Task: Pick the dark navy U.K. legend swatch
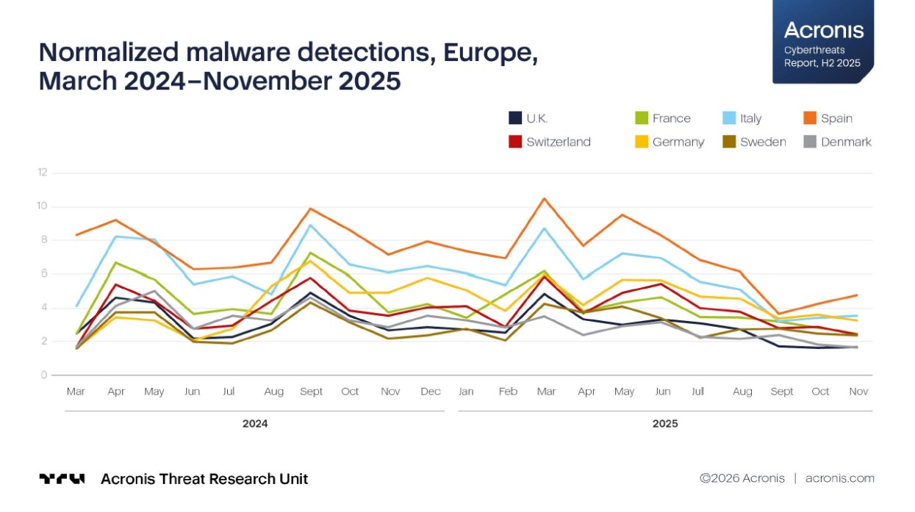pos(516,118)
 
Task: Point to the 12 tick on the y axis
pos(43,173)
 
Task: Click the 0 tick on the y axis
pos(44,375)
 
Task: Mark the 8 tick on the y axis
pos(44,240)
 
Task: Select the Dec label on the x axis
pos(431,392)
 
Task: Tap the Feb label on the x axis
pos(508,392)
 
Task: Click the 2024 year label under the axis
pos(255,424)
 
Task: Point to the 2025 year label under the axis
pos(665,424)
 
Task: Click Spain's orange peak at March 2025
pos(545,198)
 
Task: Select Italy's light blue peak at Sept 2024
pos(312,225)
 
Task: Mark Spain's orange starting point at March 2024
pos(76,235)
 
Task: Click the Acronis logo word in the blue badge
pos(824,30)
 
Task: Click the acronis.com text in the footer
pos(840,478)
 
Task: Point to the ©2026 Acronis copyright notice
pos(742,478)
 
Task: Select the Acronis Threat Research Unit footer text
pos(204,479)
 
